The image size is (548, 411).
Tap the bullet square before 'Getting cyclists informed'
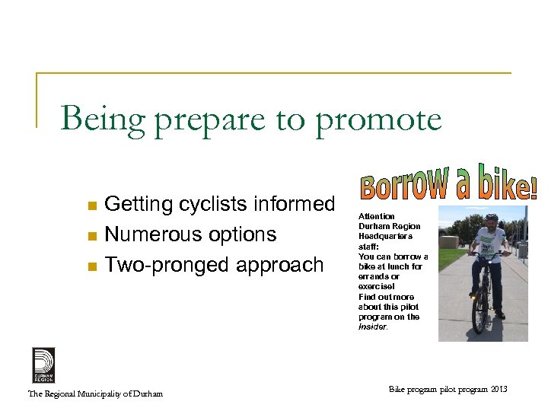[92, 205]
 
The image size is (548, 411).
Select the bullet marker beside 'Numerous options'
[92, 236]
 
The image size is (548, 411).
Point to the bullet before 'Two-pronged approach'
[92, 266]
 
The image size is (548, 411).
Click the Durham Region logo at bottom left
[43, 365]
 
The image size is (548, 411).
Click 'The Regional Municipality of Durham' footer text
[95, 393]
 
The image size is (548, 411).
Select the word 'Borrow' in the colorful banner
[400, 184]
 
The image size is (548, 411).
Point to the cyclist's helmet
[491, 218]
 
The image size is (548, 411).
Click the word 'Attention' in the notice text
[377, 217]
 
